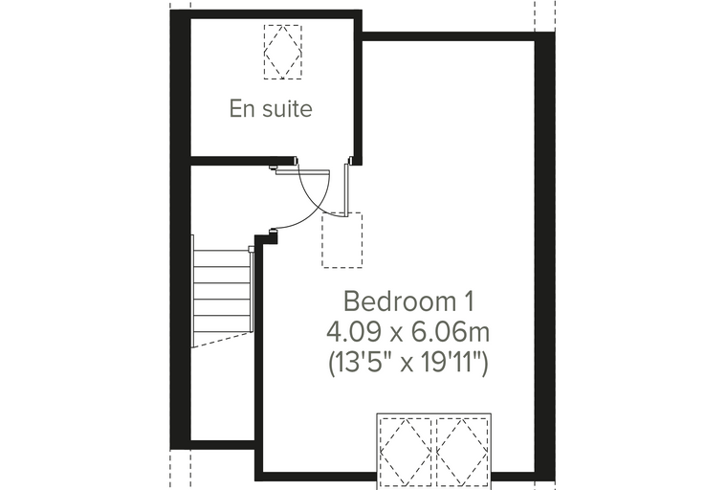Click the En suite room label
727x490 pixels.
coord(271,108)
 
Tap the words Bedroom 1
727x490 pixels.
coord(409,301)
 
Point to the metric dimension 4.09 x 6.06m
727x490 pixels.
coord(408,332)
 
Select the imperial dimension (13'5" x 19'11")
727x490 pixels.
coord(408,363)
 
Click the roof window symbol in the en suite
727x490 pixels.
coord(283,52)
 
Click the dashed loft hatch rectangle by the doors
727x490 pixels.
coord(342,240)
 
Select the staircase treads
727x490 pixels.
coord(223,291)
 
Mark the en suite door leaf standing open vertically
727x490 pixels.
coord(346,189)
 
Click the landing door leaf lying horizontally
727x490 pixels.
coord(302,172)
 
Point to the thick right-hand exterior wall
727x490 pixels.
coord(545,256)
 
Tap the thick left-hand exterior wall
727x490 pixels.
coord(181,230)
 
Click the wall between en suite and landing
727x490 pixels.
coord(243,161)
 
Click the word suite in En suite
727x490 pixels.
coord(288,108)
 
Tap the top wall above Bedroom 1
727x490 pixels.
coord(448,36)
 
